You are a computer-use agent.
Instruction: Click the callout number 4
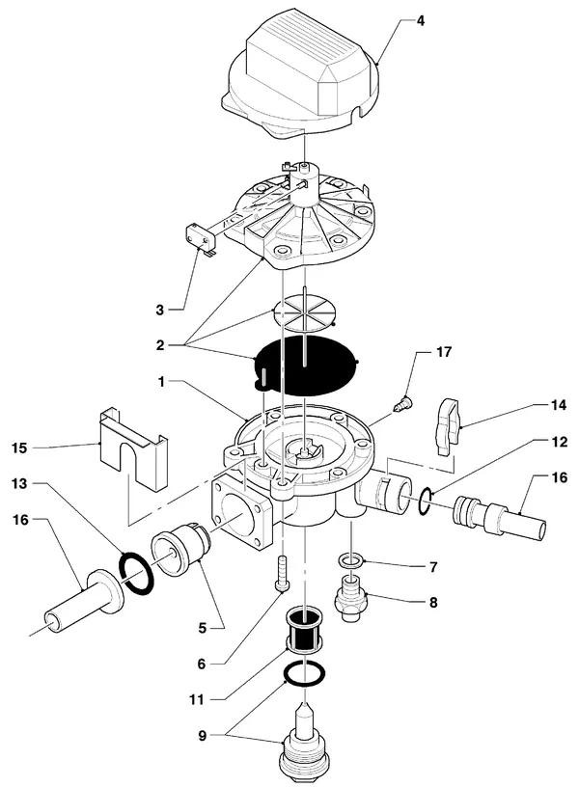[421, 21]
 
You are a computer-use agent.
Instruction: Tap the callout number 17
[443, 352]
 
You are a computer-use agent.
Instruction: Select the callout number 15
[19, 448]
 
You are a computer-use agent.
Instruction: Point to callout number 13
[19, 483]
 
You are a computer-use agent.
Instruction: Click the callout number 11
[196, 699]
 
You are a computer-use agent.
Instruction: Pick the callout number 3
[159, 310]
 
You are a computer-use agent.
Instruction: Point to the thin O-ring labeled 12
[425, 502]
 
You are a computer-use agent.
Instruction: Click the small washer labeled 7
[351, 560]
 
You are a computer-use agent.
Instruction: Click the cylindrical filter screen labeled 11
[304, 630]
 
